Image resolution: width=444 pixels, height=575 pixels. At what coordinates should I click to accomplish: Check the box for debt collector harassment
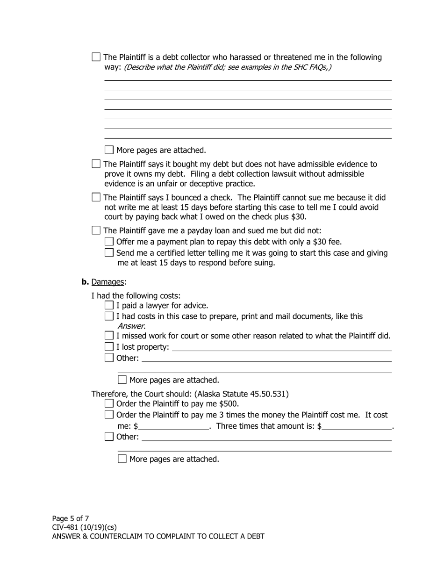coord(96,57)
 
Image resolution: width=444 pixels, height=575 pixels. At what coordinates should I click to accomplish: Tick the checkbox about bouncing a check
coord(96,197)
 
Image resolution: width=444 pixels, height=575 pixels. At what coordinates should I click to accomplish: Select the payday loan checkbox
coord(96,230)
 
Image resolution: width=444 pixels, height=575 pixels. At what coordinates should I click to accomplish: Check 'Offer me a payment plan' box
coord(109,242)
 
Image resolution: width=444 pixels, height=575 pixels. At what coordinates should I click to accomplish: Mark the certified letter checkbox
coord(109,253)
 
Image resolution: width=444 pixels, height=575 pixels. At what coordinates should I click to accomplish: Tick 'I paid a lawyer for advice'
coord(109,305)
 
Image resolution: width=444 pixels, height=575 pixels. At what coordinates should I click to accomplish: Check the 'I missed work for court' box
coord(109,336)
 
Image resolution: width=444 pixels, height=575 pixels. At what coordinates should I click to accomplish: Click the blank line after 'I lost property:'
coord(281,347)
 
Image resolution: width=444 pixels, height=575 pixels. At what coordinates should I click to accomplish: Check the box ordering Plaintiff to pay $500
coord(109,403)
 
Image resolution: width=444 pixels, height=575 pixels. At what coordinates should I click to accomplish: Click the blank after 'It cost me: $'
coord(174,426)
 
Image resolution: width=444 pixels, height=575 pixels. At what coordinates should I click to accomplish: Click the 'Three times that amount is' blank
coord(357,426)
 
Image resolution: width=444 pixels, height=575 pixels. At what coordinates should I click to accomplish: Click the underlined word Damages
coord(108,282)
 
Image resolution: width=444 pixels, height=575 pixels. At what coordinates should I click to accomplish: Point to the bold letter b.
coord(85,282)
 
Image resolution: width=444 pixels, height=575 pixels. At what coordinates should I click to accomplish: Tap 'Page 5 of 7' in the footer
coord(71,518)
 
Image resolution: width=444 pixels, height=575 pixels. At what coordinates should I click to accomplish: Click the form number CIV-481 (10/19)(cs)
coord(84,527)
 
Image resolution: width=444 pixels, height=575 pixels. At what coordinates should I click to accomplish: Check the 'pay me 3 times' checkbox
coord(109,415)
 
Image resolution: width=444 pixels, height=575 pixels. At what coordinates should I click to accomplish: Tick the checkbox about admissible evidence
coord(96,164)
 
